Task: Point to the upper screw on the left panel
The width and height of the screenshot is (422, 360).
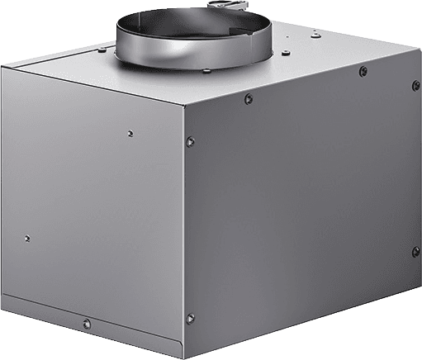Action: (130, 130)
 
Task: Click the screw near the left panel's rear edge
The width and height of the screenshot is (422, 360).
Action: (26, 239)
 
